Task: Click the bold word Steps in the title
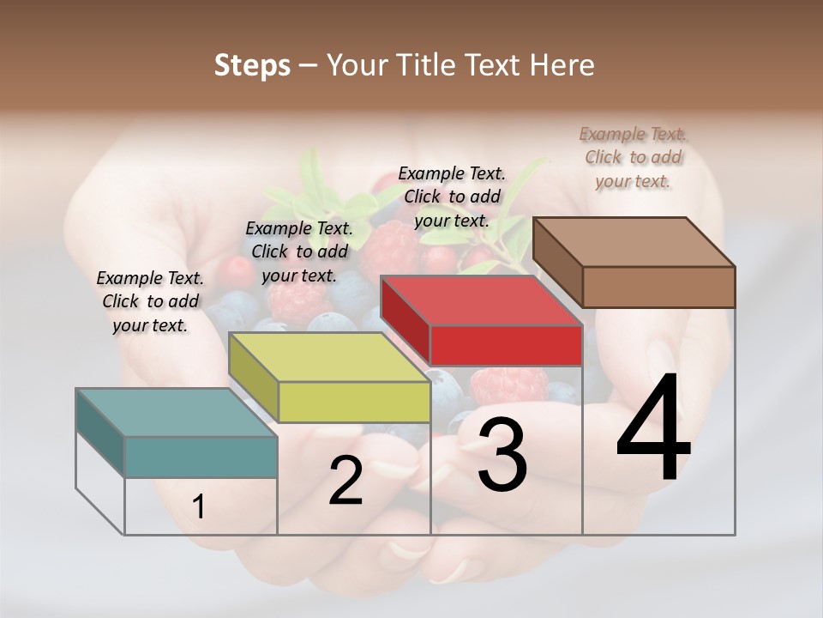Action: tap(252, 65)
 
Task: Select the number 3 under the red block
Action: tap(502, 455)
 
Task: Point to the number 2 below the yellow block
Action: tap(346, 482)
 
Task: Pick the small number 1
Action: tap(199, 507)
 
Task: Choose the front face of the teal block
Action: tap(201, 457)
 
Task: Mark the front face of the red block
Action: tap(506, 345)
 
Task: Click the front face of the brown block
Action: tap(658, 287)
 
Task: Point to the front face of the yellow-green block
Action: tap(354, 402)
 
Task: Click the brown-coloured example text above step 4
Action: tap(633, 157)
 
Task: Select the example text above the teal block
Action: tap(150, 301)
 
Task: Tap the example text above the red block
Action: tap(452, 197)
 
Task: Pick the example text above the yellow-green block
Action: tap(299, 251)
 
